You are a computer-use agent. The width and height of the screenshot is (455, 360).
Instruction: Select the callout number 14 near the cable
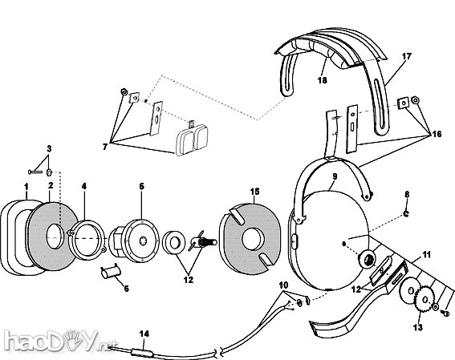pos(144,331)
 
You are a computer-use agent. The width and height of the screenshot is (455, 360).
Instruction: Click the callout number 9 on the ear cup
pos(335,176)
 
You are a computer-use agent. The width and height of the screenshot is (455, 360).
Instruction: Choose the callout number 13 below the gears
pos(416,327)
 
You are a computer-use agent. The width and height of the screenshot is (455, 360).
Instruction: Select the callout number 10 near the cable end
pos(283,285)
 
